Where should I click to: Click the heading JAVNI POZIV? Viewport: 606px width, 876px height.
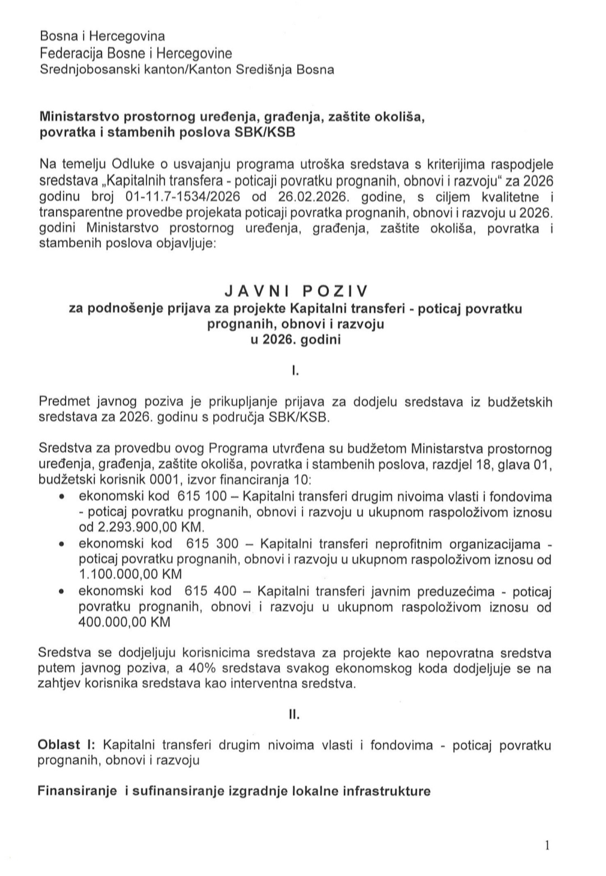point(296,291)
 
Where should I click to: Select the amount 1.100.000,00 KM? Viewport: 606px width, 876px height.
point(130,574)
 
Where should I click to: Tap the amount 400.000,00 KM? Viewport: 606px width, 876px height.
point(125,622)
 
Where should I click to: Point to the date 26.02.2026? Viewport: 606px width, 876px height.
point(316,197)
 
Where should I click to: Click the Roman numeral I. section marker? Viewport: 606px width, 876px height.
point(295,370)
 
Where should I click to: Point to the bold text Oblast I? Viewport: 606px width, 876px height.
point(67,745)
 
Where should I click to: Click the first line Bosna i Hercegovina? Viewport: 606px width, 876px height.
point(102,36)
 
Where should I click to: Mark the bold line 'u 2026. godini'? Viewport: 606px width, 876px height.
point(296,340)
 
